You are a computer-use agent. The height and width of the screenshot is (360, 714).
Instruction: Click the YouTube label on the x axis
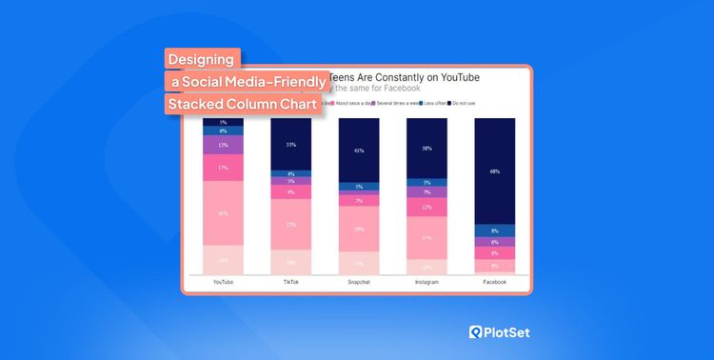click(x=223, y=282)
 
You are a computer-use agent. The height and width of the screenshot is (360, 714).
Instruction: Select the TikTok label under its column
click(x=290, y=282)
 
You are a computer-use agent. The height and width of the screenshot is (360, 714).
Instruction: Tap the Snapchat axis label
click(x=359, y=282)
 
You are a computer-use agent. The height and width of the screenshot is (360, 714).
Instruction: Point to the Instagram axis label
click(x=426, y=282)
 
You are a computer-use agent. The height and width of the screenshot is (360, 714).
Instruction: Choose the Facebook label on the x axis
click(x=494, y=282)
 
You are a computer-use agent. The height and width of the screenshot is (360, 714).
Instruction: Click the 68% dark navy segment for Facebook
click(x=495, y=171)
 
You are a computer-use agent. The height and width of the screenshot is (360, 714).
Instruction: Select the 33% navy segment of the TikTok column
click(x=290, y=144)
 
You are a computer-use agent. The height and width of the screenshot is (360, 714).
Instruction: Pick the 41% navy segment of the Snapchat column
click(x=359, y=150)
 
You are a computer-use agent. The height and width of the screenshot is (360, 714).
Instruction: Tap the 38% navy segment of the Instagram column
click(x=426, y=149)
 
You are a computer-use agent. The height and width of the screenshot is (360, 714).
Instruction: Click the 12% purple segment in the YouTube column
click(x=223, y=146)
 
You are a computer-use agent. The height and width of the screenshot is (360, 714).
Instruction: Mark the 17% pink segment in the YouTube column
click(x=223, y=168)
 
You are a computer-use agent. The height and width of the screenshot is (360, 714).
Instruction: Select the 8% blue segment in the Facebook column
click(x=495, y=230)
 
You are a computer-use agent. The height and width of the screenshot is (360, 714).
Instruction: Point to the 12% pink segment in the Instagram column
click(x=426, y=207)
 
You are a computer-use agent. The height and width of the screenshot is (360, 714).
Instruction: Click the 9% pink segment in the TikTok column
click(x=290, y=192)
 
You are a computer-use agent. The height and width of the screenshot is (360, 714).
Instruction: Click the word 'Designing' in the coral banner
click(x=202, y=59)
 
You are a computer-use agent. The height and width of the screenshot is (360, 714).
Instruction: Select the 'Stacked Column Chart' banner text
click(x=241, y=104)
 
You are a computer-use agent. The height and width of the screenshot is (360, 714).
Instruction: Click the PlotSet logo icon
click(x=477, y=331)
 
